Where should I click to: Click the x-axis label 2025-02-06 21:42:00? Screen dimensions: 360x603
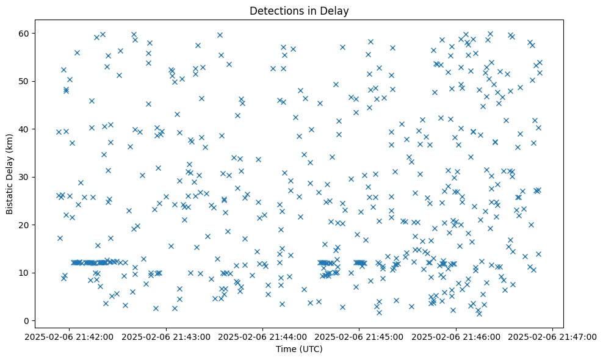click(69, 336)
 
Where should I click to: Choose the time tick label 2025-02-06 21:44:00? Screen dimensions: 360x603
click(262, 336)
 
